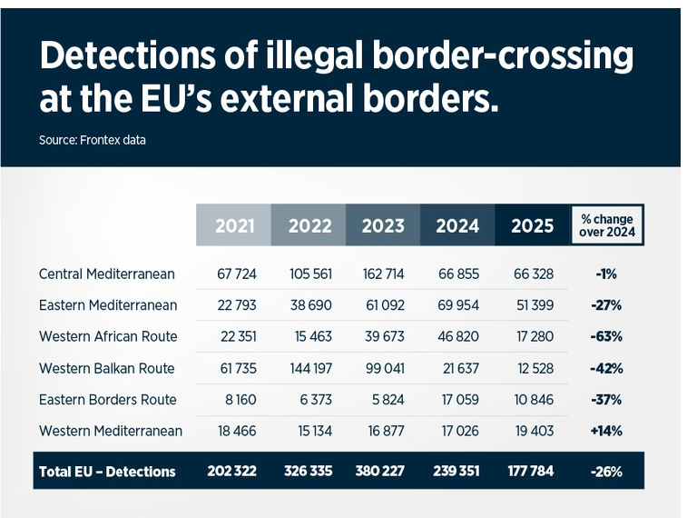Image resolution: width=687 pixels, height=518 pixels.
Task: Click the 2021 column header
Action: pyautogui.click(x=234, y=225)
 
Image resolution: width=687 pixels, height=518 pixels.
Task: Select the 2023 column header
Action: pyautogui.click(x=383, y=225)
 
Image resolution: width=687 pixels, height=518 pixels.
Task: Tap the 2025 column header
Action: pyautogui.click(x=532, y=225)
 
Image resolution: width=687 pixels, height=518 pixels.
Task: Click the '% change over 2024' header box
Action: pyautogui.click(x=606, y=225)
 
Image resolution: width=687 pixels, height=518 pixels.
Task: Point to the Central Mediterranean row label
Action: pyautogui.click(x=107, y=274)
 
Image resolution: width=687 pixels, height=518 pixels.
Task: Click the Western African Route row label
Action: pyautogui.click(x=108, y=336)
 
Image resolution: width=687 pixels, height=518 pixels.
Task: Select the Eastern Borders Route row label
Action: pyautogui.click(x=108, y=400)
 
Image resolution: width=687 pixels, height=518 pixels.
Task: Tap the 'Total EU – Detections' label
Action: pyautogui.click(x=107, y=472)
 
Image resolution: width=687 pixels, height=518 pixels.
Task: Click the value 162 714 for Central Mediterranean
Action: pyautogui.click(x=382, y=274)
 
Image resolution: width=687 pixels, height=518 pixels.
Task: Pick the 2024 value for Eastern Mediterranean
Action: pyautogui.click(x=456, y=305)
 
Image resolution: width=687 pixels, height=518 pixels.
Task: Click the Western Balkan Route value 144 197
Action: pyautogui.click(x=309, y=368)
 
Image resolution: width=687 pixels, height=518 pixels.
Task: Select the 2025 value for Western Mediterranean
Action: pyautogui.click(x=531, y=431)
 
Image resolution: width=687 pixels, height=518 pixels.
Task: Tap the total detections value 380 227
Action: pyautogui.click(x=382, y=472)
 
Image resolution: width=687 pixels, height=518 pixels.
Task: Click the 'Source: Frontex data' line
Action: pyautogui.click(x=92, y=140)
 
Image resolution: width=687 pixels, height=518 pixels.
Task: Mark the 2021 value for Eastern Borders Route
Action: pyautogui.click(x=239, y=400)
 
